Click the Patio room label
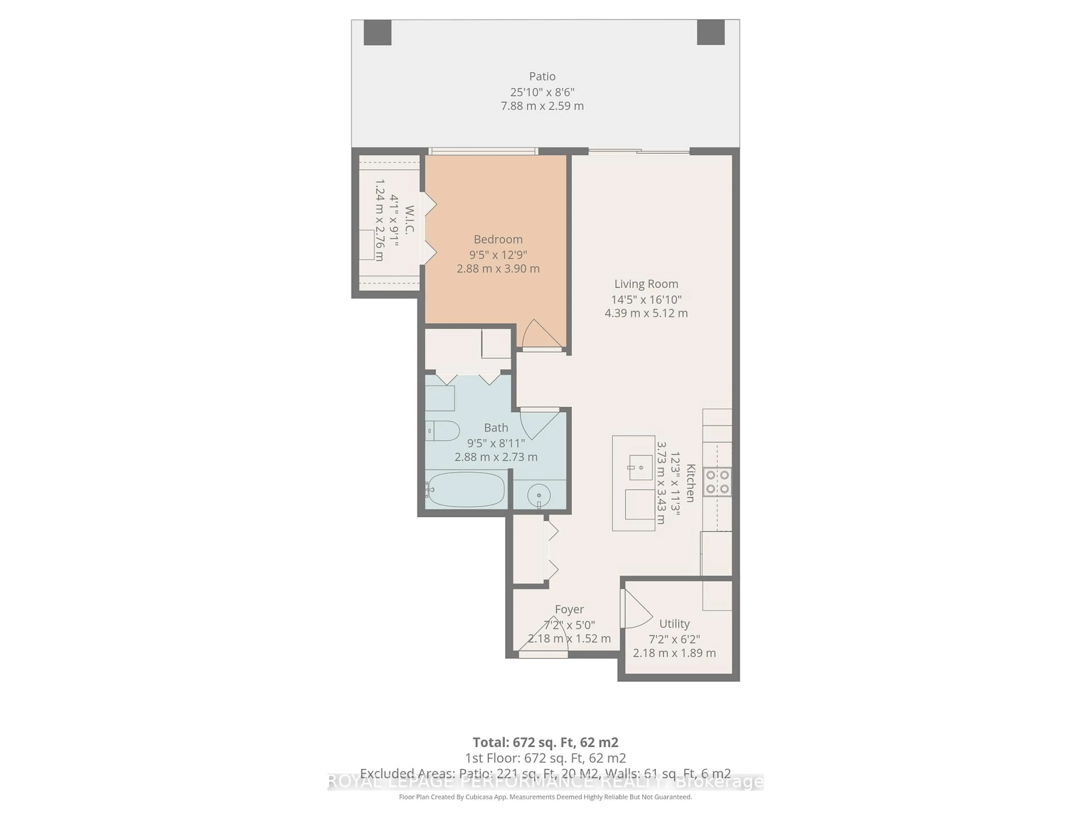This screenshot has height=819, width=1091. tap(542, 76)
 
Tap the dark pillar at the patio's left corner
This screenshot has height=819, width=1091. tap(377, 33)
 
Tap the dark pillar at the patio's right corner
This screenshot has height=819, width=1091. tap(710, 33)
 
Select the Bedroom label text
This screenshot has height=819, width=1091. tap(498, 239)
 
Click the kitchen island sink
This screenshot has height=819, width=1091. tap(640, 467)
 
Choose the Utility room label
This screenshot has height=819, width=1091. tap(674, 624)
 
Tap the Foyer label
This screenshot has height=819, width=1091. tap(569, 609)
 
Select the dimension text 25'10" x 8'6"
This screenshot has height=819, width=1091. tap(542, 92)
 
